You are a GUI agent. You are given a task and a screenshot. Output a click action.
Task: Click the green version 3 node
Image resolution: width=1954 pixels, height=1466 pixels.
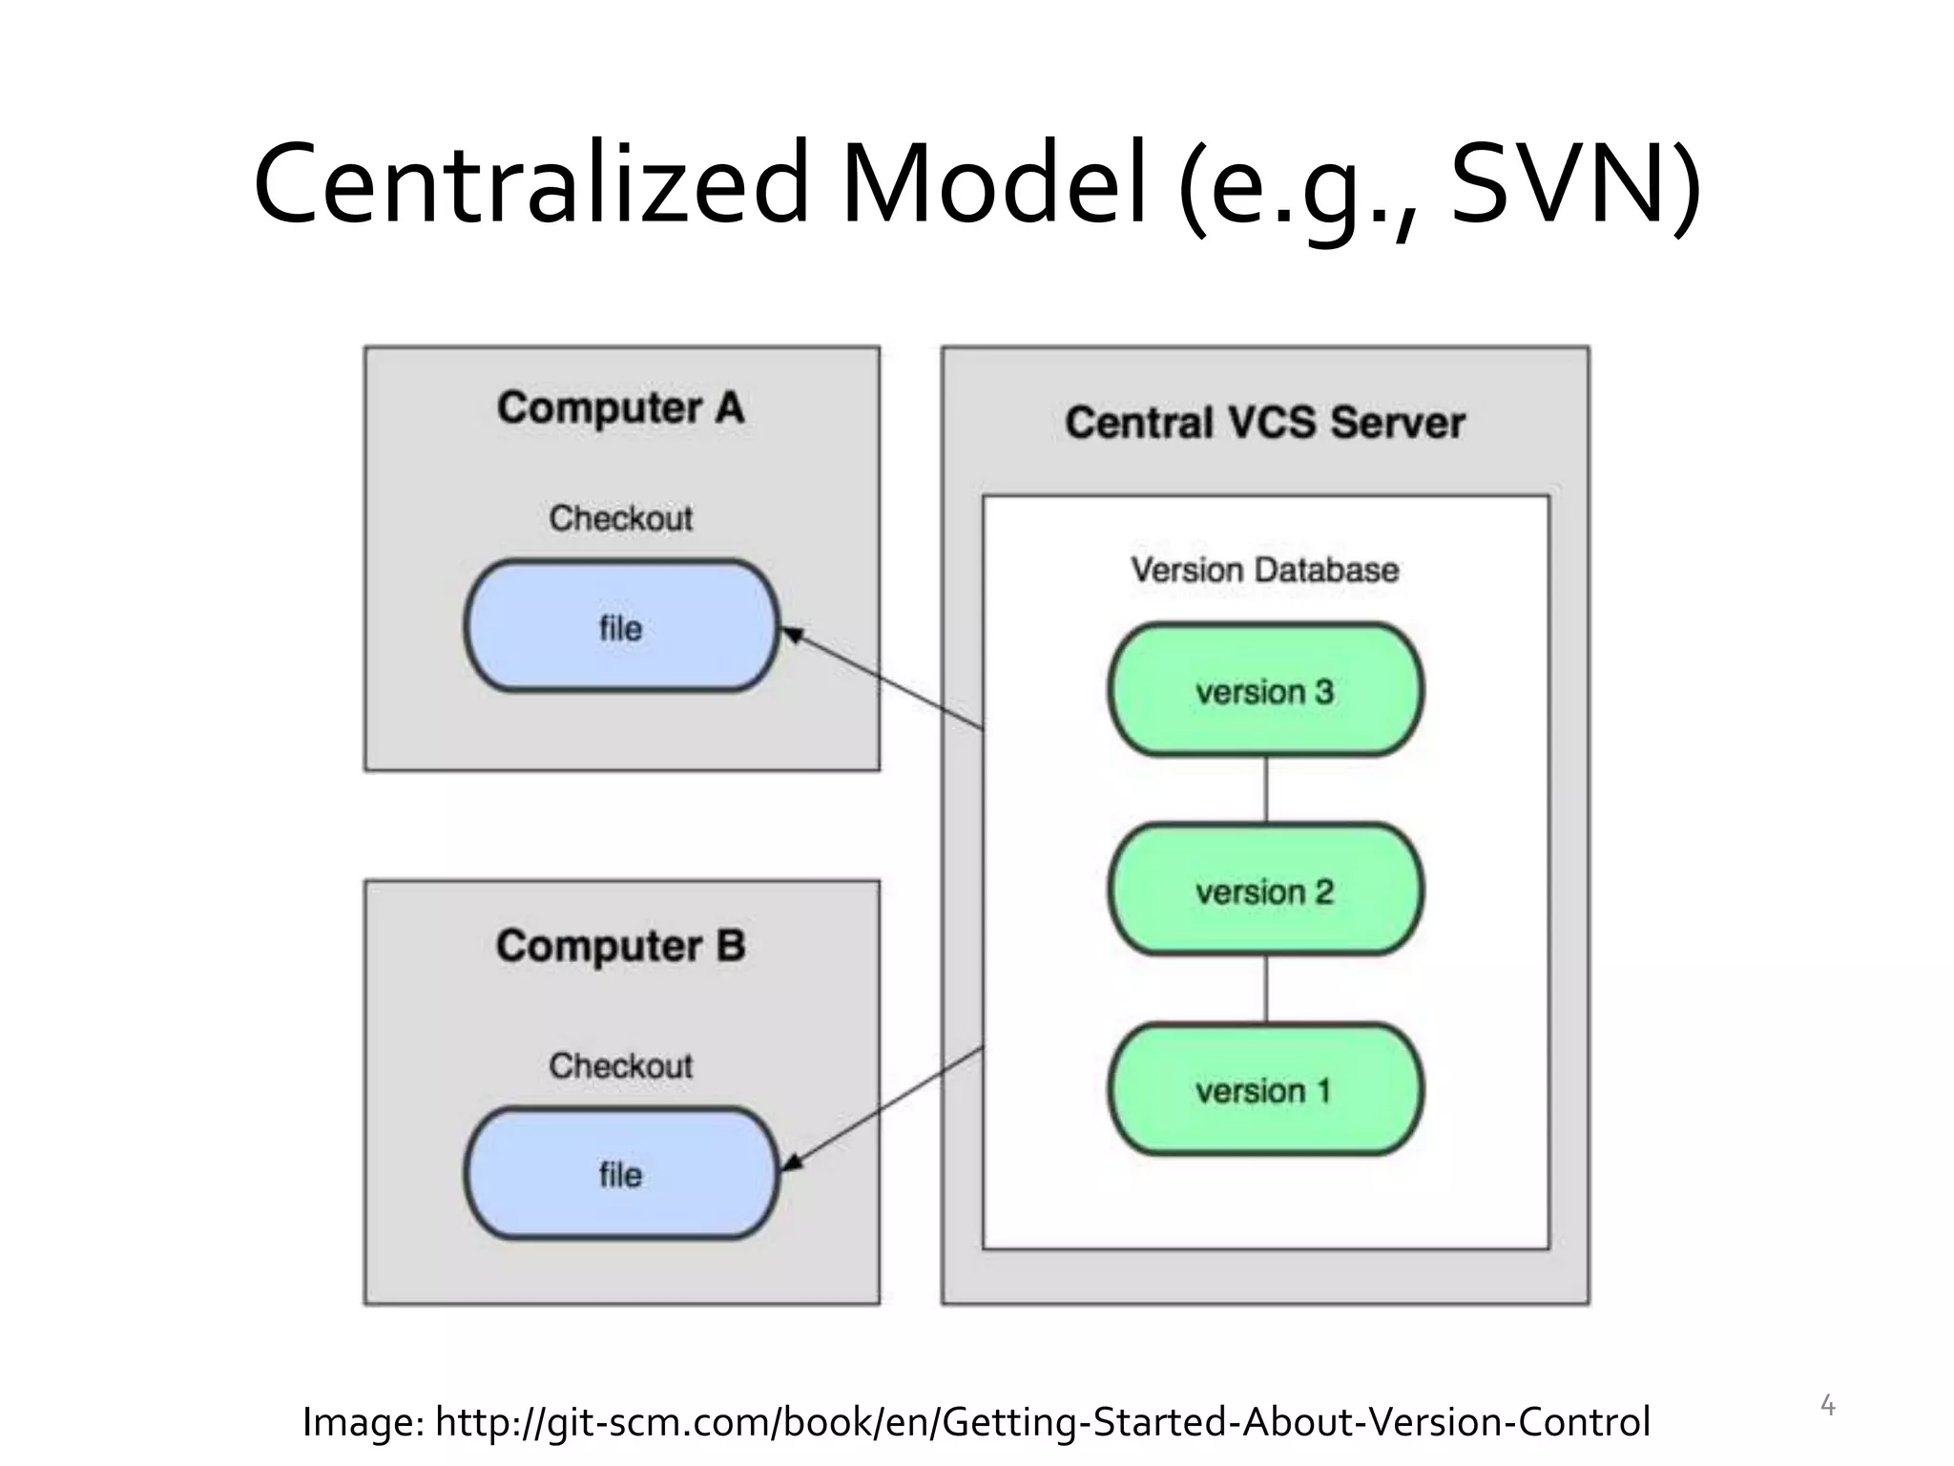(1265, 690)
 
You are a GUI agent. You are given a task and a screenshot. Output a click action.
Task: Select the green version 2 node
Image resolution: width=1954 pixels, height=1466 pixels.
(1265, 890)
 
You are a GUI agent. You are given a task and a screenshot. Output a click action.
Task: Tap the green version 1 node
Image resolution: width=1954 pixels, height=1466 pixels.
(1265, 1090)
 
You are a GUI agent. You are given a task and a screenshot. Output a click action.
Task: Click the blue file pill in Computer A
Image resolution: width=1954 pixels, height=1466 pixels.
(621, 627)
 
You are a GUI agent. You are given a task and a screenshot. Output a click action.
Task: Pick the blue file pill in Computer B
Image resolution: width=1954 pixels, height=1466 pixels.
(621, 1174)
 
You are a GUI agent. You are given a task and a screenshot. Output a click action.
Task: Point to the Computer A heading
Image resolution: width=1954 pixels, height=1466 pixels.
(620, 408)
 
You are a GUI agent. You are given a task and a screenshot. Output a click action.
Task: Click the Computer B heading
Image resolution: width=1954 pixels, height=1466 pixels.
(620, 946)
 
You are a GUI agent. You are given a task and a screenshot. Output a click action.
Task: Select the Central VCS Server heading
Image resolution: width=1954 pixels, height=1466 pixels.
(1265, 423)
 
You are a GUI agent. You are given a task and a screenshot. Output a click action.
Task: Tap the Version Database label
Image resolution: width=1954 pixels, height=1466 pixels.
(1265, 570)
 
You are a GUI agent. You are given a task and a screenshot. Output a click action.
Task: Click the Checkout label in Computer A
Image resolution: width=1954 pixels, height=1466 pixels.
(620, 518)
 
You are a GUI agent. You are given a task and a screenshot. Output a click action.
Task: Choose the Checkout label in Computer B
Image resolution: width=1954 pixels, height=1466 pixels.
(620, 1066)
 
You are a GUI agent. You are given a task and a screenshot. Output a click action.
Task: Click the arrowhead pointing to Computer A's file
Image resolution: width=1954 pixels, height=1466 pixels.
(791, 634)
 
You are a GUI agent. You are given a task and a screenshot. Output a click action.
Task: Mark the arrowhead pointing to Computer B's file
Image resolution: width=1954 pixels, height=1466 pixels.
(791, 1163)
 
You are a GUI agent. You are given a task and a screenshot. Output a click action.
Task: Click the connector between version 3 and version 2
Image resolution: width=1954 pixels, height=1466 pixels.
(1266, 790)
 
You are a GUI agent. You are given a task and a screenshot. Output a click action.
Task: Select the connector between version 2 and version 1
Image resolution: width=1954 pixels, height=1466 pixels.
(1266, 990)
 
